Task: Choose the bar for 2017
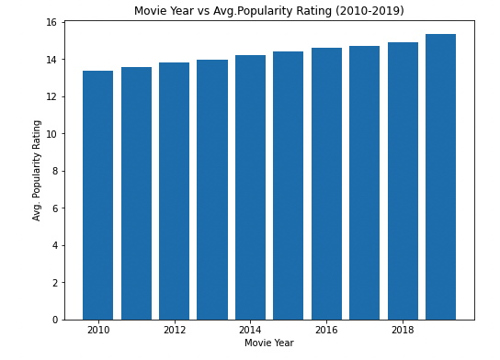pyautogui.click(x=364, y=183)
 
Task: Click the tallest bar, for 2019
pyautogui.click(x=440, y=176)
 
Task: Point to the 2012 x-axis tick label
pyautogui.click(x=174, y=330)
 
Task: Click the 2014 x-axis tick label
pyautogui.click(x=250, y=330)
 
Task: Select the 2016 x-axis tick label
pyautogui.click(x=326, y=330)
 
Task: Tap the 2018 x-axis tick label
pyautogui.click(x=403, y=330)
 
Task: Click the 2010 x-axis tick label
pyautogui.click(x=97, y=330)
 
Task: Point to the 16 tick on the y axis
pyautogui.click(x=51, y=22)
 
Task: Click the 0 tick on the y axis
pyautogui.click(x=54, y=320)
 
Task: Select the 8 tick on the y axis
pyautogui.click(x=54, y=171)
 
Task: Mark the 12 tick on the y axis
pyautogui.click(x=51, y=96)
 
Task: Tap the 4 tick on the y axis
pyautogui.click(x=54, y=245)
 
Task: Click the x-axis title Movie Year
pyautogui.click(x=269, y=343)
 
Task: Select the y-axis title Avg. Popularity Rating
pyautogui.click(x=38, y=170)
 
